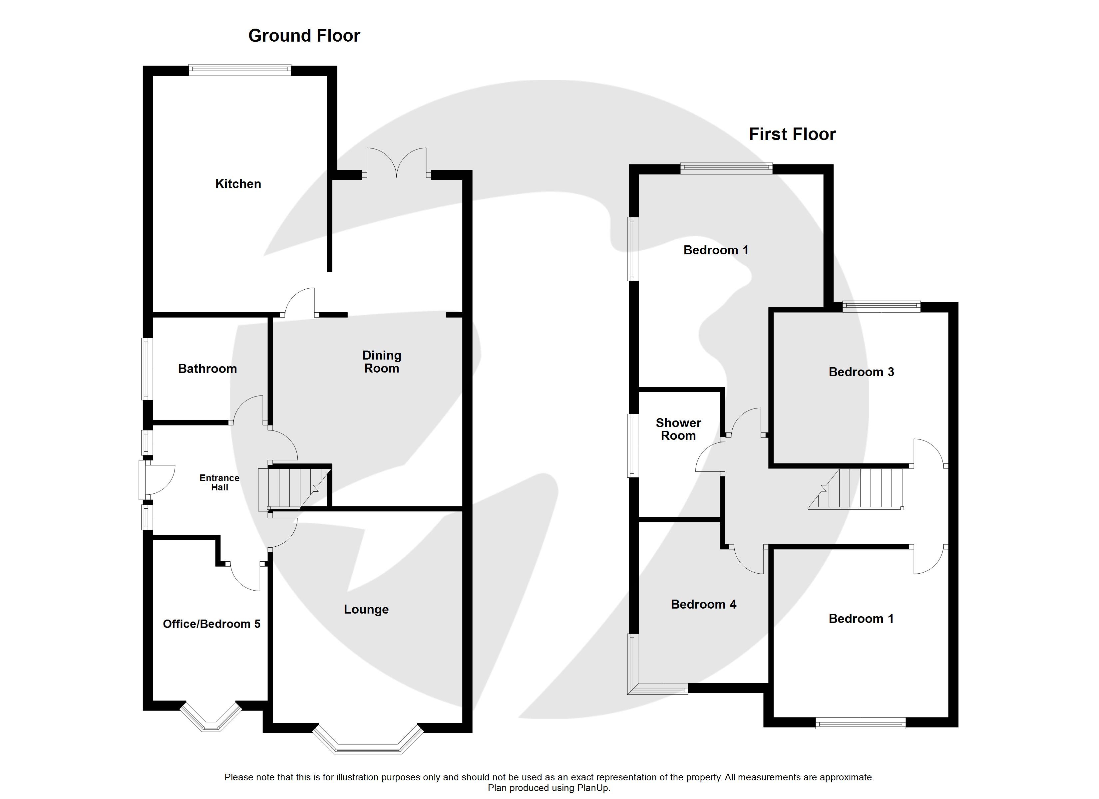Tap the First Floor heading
(x=792, y=134)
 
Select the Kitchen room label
(x=238, y=184)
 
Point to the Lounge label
(x=366, y=610)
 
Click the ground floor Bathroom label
(x=207, y=369)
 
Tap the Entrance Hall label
(x=219, y=483)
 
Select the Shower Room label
(x=678, y=429)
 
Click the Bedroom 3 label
(x=861, y=372)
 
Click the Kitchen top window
(x=240, y=70)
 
